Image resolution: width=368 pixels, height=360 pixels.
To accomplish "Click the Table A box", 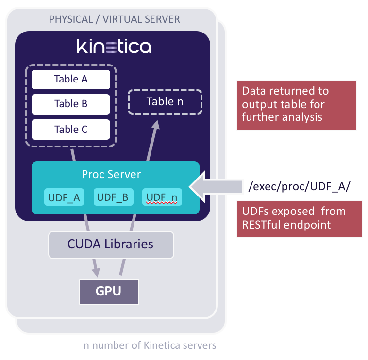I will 71,79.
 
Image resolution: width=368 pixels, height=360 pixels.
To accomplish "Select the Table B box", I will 71,104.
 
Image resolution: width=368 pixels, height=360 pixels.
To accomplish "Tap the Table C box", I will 71,130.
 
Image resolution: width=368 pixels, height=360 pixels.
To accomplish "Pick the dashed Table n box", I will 165,102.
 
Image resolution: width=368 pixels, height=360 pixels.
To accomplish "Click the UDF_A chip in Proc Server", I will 64,197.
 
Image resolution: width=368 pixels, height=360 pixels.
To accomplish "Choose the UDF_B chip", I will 113,197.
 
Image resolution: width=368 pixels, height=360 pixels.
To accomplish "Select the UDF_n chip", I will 162,197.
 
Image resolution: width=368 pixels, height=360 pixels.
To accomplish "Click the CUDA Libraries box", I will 111,244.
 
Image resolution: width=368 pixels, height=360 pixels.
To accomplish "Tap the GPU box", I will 109,291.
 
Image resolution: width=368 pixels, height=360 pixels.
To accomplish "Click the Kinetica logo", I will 114,47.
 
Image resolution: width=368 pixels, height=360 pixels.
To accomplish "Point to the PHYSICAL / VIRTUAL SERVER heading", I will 115,19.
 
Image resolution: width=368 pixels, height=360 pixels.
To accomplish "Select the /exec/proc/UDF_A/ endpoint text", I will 298,186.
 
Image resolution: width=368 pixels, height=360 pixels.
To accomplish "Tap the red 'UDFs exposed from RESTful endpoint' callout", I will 299,218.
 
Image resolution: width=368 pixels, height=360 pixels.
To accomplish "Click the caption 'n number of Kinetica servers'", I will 150,345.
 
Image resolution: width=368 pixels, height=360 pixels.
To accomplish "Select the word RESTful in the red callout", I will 262,225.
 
